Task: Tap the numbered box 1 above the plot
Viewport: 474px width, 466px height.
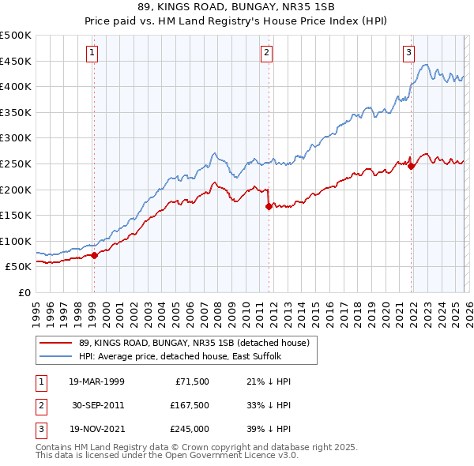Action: (x=92, y=53)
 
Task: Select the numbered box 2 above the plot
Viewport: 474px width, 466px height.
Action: (x=267, y=53)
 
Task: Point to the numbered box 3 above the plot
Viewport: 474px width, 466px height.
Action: (x=409, y=53)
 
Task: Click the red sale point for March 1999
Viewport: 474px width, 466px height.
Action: (x=94, y=255)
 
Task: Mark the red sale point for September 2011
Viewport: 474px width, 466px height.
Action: (x=269, y=206)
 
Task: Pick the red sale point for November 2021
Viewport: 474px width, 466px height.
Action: (x=412, y=166)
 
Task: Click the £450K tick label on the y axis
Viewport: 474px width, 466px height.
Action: (x=17, y=61)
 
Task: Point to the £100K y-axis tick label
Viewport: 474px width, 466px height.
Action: (x=17, y=241)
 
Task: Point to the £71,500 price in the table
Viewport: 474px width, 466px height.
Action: (x=190, y=381)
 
